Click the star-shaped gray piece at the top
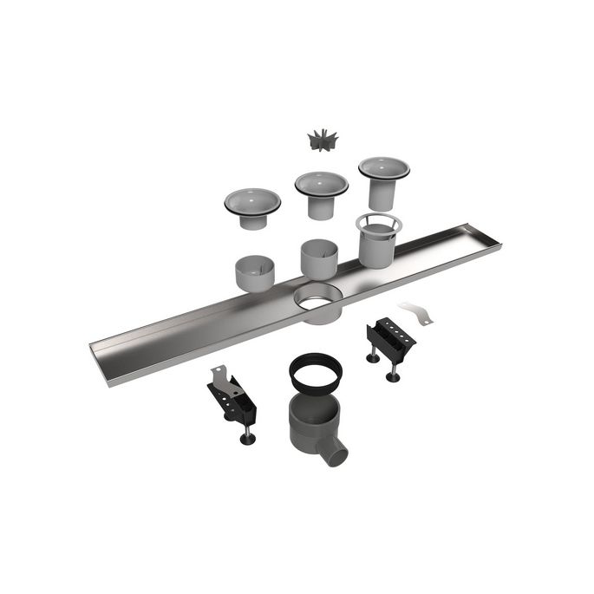322,140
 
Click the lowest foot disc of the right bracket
393,378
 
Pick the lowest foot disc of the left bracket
248,440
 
